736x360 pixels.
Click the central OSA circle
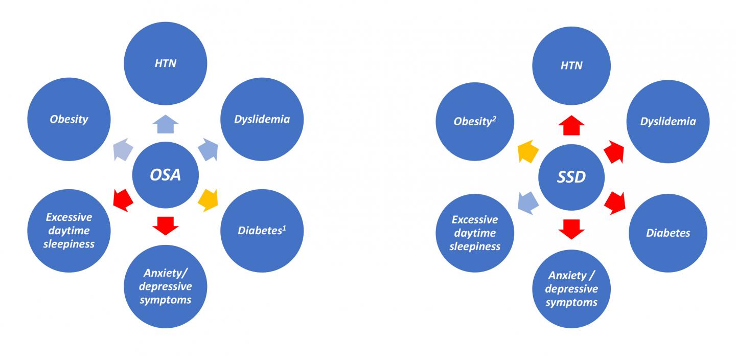tap(166, 174)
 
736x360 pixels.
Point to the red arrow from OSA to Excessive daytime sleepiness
tap(123, 198)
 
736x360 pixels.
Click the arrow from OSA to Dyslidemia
tap(209, 150)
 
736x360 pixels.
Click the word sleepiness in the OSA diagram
tap(69, 243)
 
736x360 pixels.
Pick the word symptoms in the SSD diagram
tap(571, 302)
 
